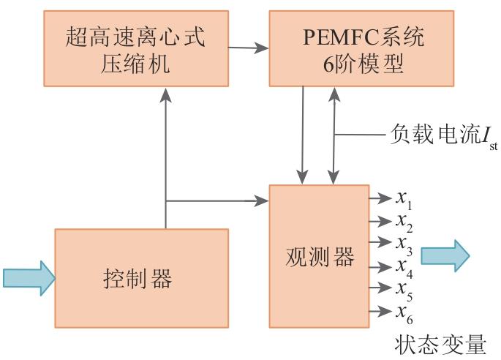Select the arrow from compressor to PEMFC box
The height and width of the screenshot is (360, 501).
point(248,49)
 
